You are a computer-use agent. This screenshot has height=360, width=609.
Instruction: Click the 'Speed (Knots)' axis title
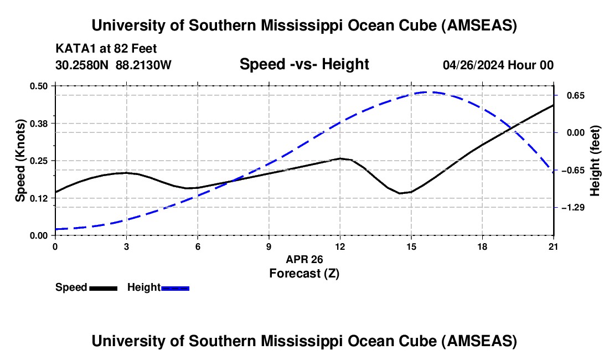point(20,161)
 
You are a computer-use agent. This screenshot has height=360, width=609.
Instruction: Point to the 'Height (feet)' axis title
point(595,161)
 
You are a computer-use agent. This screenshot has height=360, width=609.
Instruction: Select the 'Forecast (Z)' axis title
point(304,273)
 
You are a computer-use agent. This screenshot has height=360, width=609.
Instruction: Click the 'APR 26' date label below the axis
point(304,259)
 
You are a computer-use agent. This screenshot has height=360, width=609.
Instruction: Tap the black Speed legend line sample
point(103,288)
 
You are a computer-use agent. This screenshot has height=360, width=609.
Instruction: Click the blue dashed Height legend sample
point(175,288)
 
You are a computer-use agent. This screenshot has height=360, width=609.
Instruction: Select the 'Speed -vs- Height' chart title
point(304,65)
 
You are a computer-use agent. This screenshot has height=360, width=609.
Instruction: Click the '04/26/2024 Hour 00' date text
point(498,65)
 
